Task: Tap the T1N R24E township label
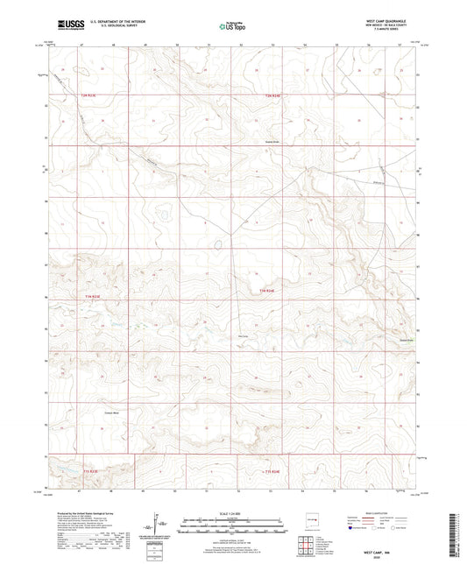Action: tap(267, 290)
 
